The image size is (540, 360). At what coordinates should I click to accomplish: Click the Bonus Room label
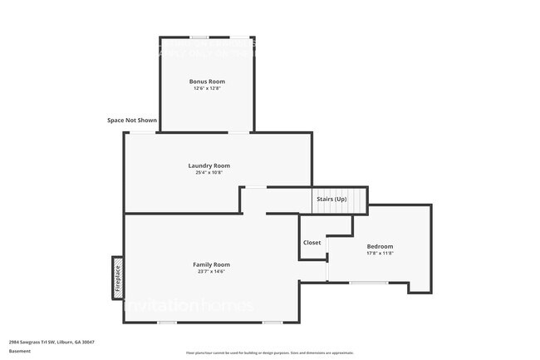click(207, 81)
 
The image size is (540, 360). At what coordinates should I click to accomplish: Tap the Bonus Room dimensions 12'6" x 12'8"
click(207, 88)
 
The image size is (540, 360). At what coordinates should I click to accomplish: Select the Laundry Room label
click(209, 165)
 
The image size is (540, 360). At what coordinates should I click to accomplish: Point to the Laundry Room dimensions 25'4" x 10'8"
click(209, 173)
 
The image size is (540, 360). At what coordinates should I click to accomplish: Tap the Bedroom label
click(380, 246)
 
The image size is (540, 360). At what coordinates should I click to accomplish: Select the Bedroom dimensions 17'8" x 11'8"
click(380, 254)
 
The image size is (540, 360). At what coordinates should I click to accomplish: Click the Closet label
click(312, 243)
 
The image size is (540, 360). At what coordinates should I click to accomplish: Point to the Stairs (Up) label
click(331, 199)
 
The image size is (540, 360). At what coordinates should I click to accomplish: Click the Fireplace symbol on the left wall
click(118, 277)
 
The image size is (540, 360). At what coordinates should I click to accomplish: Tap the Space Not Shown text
click(132, 121)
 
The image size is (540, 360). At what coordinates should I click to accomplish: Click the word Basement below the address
click(21, 351)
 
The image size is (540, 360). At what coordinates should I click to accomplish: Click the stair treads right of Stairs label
click(357, 200)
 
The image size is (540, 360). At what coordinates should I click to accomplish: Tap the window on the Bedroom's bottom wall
click(367, 284)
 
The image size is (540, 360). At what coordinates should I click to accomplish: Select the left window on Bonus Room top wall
click(199, 37)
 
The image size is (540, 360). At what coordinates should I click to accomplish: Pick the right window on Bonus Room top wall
click(238, 37)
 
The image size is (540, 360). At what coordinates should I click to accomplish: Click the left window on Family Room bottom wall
click(167, 322)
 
